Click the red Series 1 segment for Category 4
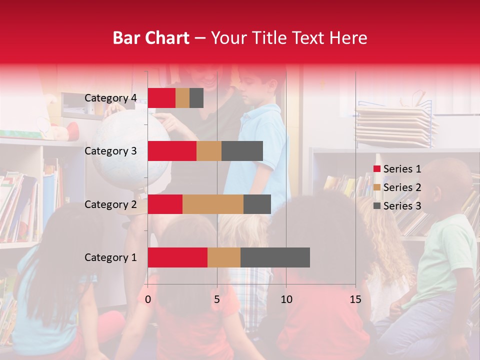[161, 98]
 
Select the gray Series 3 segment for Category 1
[275, 257]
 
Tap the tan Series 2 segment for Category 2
[213, 204]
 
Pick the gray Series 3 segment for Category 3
[242, 151]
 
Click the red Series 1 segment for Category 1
[177, 257]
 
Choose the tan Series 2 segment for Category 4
[182, 98]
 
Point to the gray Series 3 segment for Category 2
[257, 204]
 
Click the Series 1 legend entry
[397, 169]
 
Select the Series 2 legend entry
[397, 187]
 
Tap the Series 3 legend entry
[397, 206]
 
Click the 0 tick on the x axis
[148, 299]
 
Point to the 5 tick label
[217, 299]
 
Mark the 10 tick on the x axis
[286, 299]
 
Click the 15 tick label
[355, 299]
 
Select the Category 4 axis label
[110, 98]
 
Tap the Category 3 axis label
[110, 151]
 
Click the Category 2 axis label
[110, 204]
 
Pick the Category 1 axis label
[110, 257]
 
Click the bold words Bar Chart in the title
[151, 37]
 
